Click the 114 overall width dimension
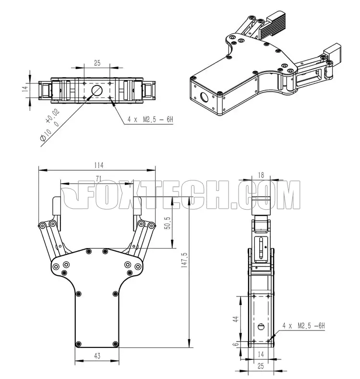click(x=99, y=166)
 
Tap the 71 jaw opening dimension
click(x=98, y=179)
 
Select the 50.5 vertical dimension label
click(x=168, y=223)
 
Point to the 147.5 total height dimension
click(x=184, y=260)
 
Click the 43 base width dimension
click(x=97, y=356)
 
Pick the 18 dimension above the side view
click(x=261, y=175)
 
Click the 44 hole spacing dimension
click(x=236, y=319)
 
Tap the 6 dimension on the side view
click(x=236, y=343)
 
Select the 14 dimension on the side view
click(x=261, y=355)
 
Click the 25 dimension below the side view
click(x=261, y=366)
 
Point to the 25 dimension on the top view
click(x=97, y=63)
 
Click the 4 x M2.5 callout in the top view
click(x=150, y=119)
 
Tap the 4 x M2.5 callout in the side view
click(x=304, y=326)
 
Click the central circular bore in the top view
click(x=97, y=91)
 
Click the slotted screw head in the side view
click(x=261, y=327)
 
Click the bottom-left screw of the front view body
click(x=78, y=343)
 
